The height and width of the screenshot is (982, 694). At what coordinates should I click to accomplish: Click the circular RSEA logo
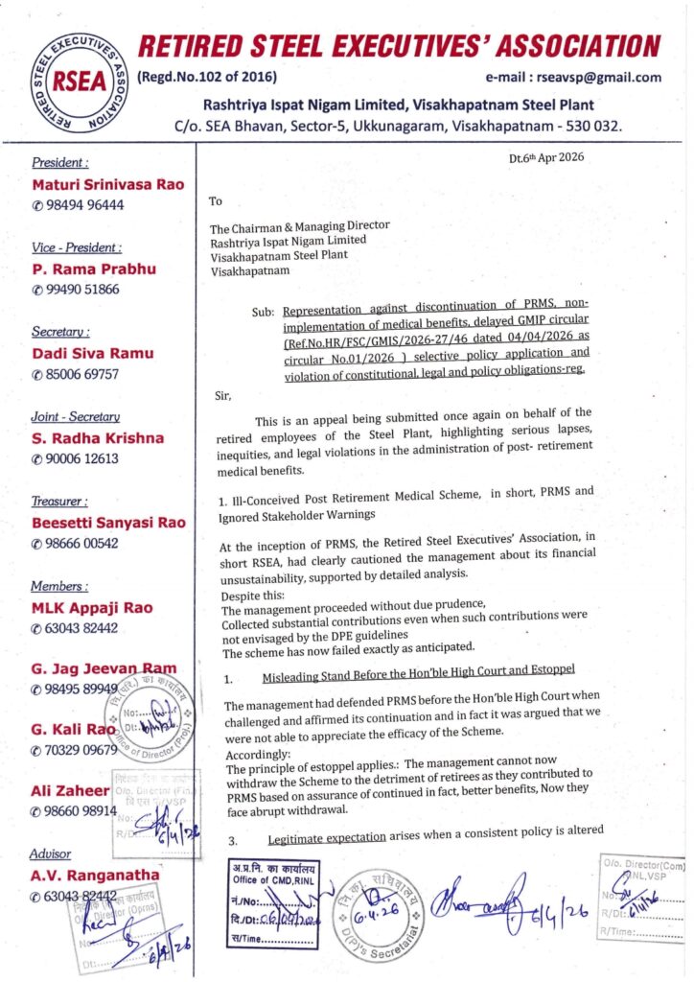click(x=73, y=81)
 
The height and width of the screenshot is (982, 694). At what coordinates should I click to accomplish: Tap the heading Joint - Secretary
click(x=75, y=417)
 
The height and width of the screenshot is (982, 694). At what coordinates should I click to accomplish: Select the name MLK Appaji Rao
click(x=91, y=607)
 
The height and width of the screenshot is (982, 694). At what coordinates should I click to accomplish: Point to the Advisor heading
click(x=51, y=853)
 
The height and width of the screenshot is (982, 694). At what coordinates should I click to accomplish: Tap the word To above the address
click(x=215, y=202)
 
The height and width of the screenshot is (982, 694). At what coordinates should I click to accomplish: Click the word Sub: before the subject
click(x=266, y=312)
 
